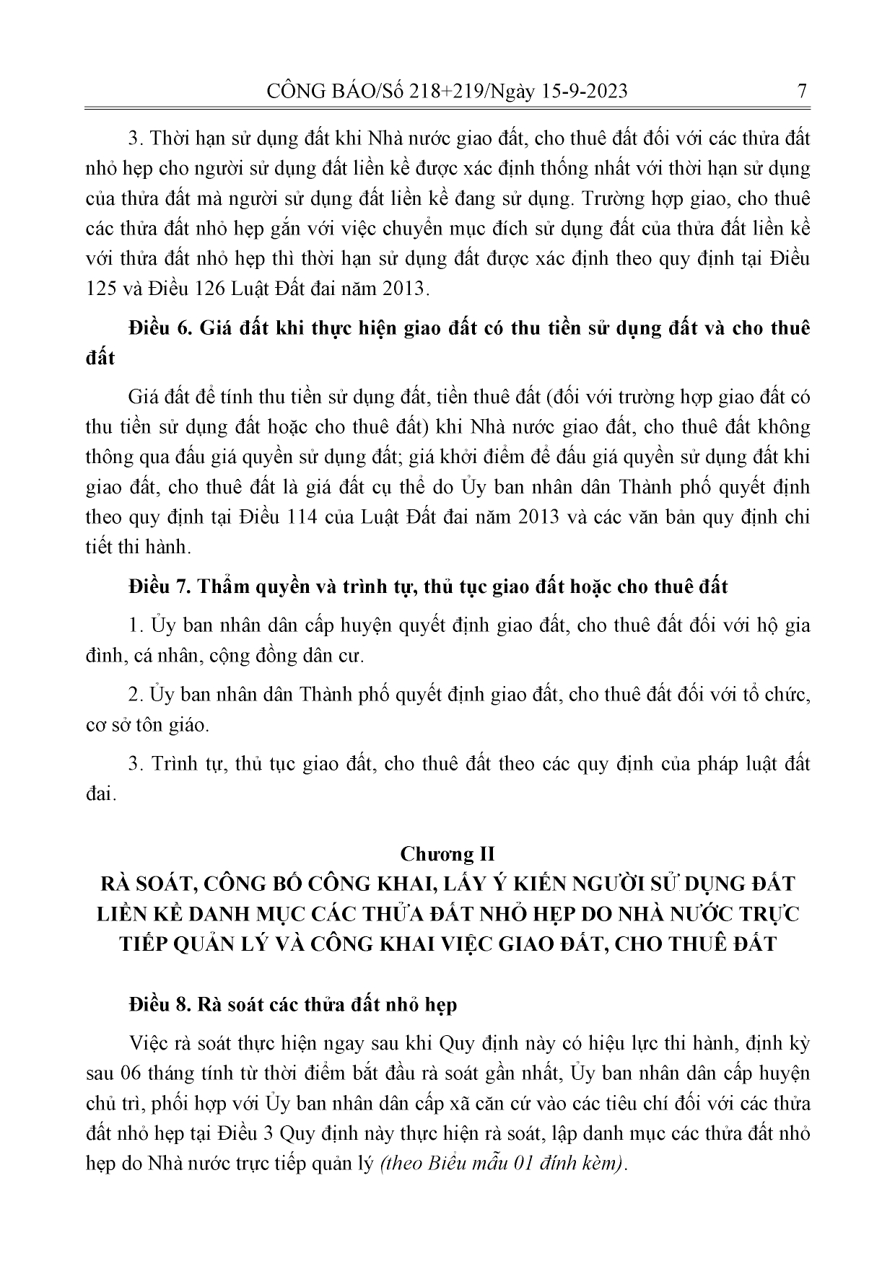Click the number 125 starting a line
(102, 289)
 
